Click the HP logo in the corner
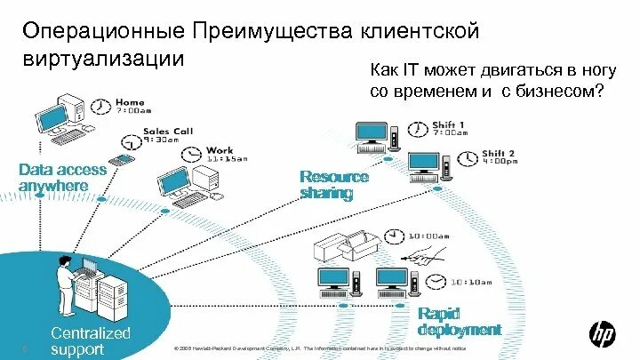tap(602, 333)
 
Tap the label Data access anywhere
tap(62, 177)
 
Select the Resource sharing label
tap(333, 185)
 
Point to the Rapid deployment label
tap(460, 322)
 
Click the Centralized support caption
tap(90, 341)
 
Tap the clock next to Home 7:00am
tap(102, 108)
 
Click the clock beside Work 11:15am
tap(192, 155)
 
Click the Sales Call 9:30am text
tap(168, 135)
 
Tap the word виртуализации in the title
tap(104, 61)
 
